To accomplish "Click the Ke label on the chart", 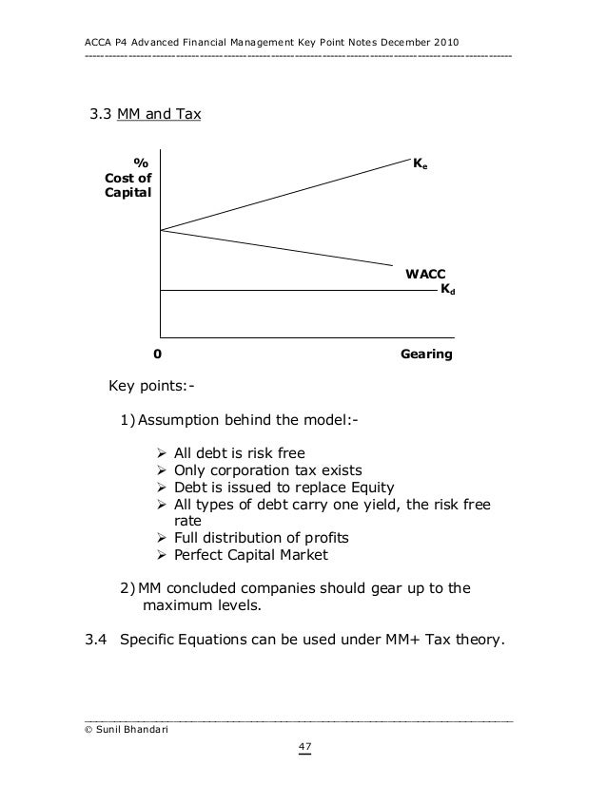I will pos(420,163).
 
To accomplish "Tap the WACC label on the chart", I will pos(425,274).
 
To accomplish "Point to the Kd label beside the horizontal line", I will pos(446,287).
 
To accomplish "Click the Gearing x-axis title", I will pos(426,354).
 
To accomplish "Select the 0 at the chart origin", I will pos(157,354).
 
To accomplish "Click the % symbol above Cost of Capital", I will pos(140,162).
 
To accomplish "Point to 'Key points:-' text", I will pos(148,387).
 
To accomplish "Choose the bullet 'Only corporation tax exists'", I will pos(267,469).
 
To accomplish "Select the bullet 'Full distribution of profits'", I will pos(260,538).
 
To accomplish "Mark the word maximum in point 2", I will pos(176,605).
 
